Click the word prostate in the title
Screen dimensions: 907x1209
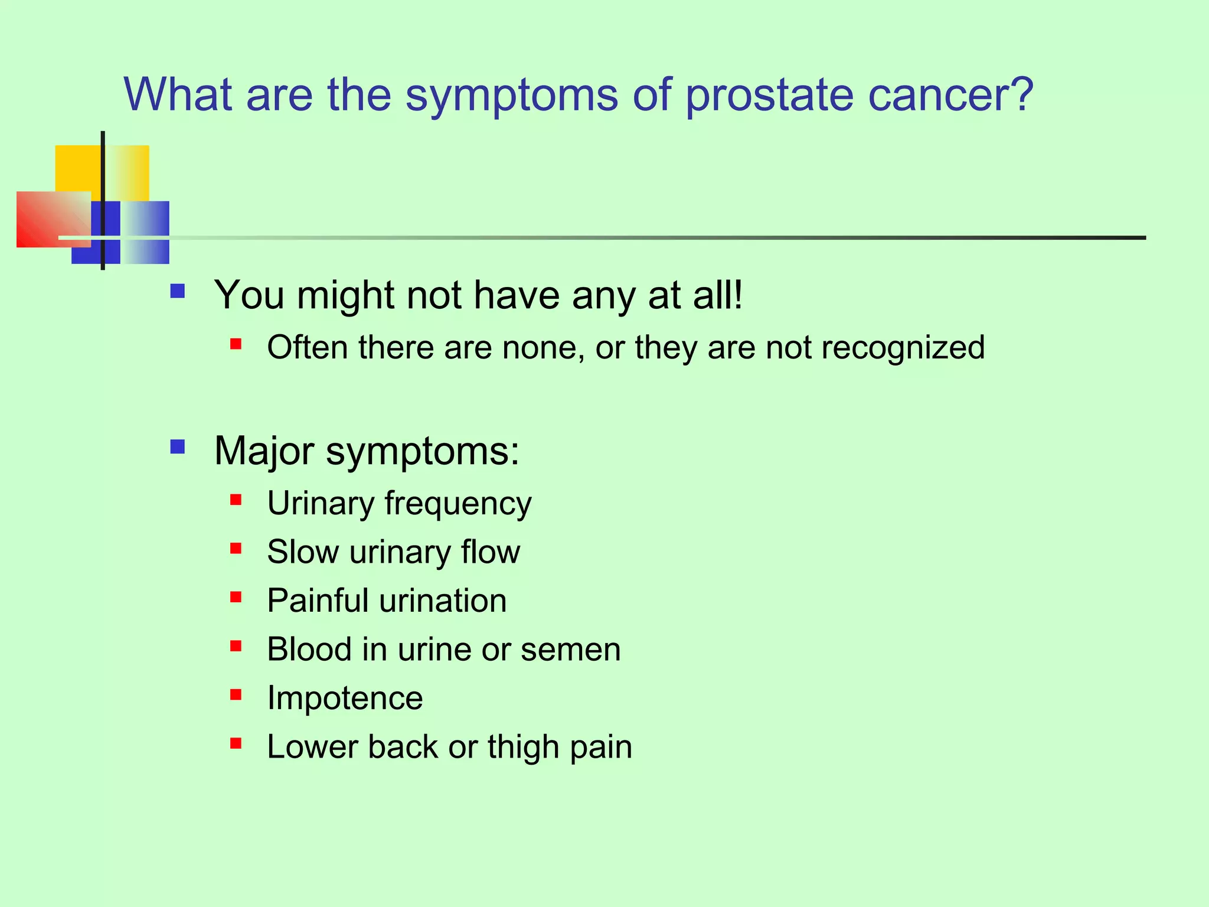click(769, 96)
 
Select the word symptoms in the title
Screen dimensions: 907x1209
click(512, 96)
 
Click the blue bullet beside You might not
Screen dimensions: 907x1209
click(177, 291)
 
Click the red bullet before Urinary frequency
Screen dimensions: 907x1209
click(236, 500)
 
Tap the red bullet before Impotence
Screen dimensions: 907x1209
click(236, 694)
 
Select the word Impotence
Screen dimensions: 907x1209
click(345, 698)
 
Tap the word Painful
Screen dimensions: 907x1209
click(318, 601)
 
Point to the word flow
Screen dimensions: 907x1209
click(491, 552)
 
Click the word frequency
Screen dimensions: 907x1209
click(458, 505)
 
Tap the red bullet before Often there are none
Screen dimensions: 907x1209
click(236, 344)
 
